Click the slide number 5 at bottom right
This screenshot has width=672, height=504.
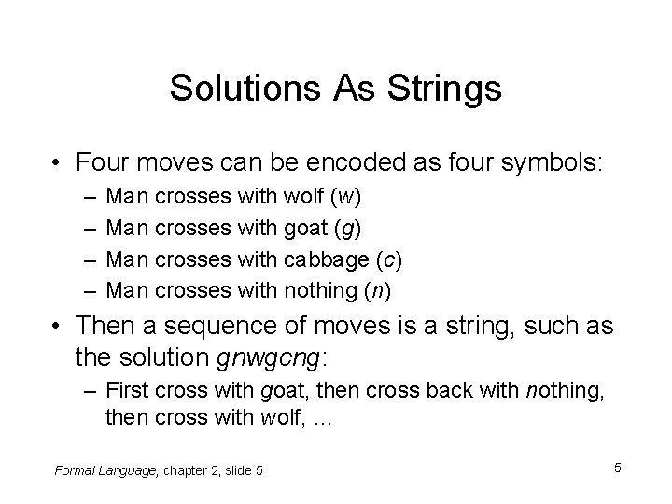click(618, 466)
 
